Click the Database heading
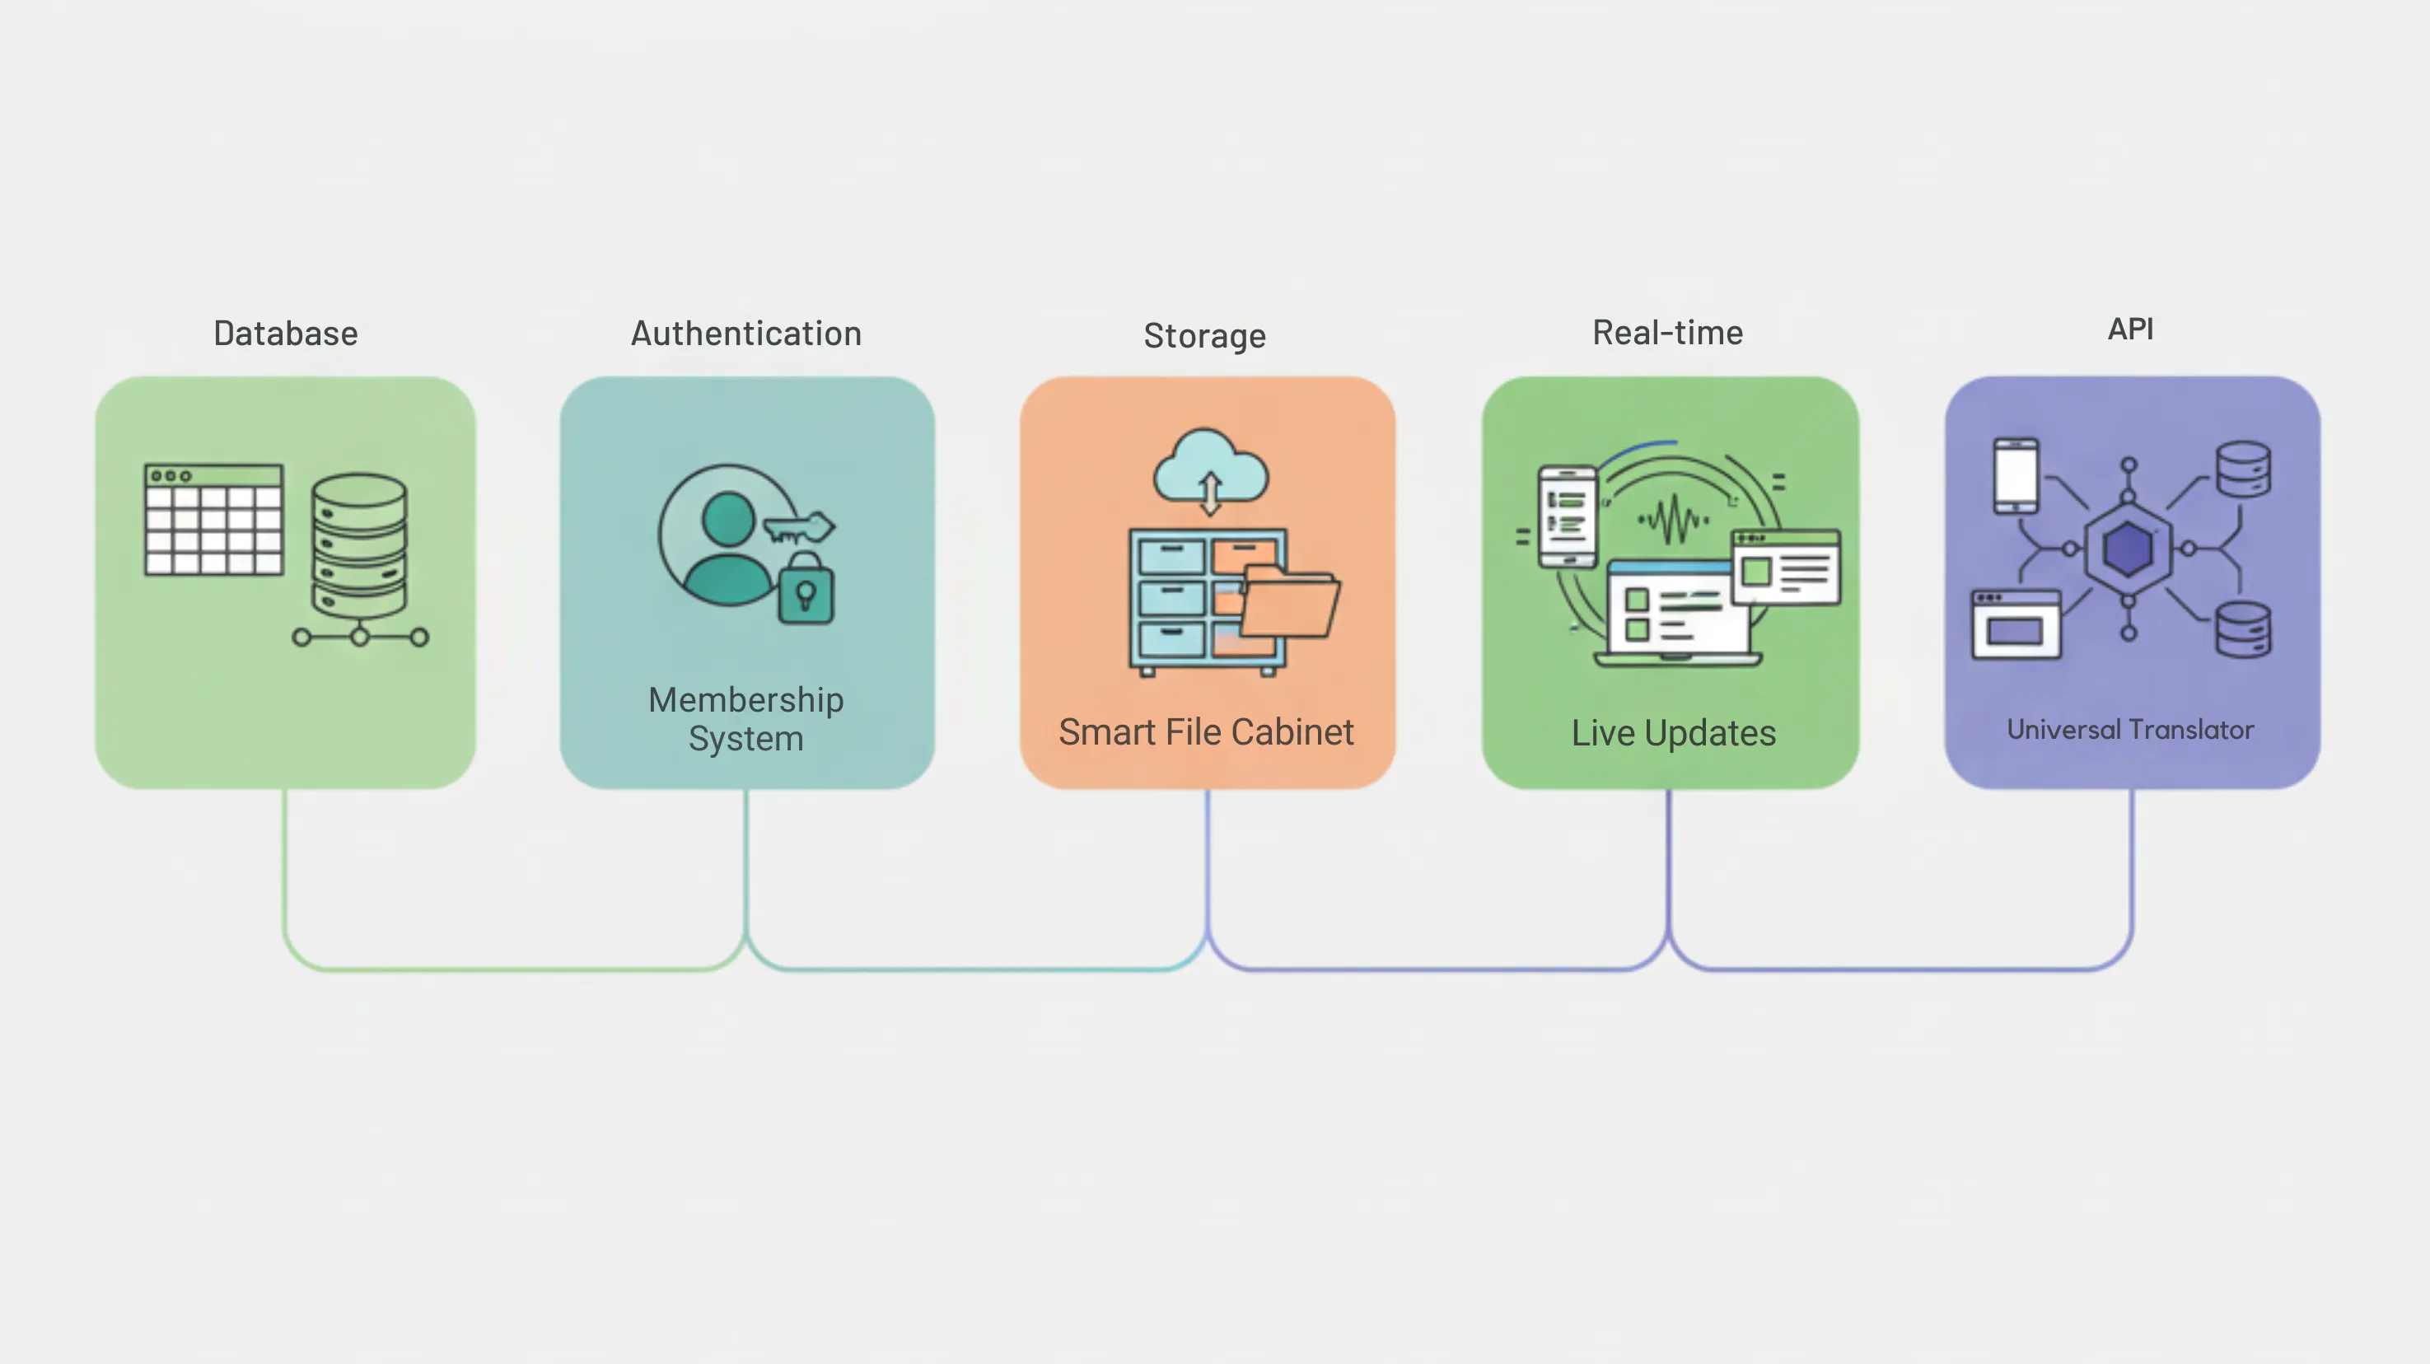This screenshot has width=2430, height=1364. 286,333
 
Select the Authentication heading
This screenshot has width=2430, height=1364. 746,333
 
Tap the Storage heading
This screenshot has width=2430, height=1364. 1204,336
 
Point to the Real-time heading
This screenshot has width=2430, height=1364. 1668,332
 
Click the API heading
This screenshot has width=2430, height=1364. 2131,329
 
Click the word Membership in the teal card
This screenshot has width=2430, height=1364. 746,699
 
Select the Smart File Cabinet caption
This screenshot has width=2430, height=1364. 1206,732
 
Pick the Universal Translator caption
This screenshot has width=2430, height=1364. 2130,729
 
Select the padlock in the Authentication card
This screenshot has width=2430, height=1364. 806,591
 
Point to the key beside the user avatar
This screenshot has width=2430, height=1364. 799,528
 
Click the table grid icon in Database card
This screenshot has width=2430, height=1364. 214,519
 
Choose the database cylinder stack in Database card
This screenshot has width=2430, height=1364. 359,547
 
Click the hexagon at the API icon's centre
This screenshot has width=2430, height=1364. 2129,549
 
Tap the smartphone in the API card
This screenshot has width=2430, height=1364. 2016,475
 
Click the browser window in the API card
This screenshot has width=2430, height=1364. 2016,624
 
